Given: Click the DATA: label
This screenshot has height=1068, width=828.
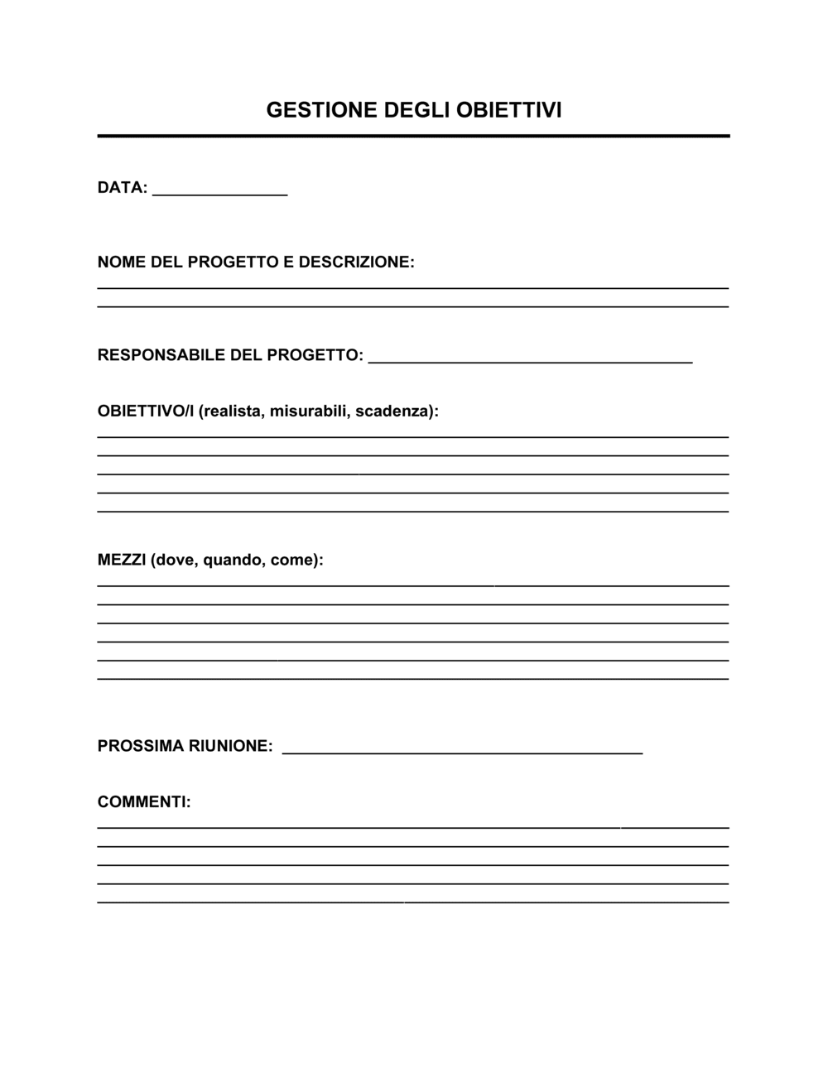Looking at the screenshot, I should click(x=123, y=188).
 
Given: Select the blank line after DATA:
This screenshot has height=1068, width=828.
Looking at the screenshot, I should click(x=220, y=194).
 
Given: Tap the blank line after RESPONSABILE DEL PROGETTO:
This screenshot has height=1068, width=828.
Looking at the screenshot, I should click(x=530, y=361).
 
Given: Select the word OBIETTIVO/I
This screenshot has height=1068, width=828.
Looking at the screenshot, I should click(x=146, y=411).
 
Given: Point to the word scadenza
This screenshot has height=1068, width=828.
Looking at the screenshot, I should click(x=393, y=411).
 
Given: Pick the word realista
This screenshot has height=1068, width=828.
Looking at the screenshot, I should click(x=231, y=411).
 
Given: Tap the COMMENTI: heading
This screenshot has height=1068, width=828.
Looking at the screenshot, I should click(x=144, y=802).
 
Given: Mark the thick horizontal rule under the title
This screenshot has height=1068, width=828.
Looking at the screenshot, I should click(x=413, y=136).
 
